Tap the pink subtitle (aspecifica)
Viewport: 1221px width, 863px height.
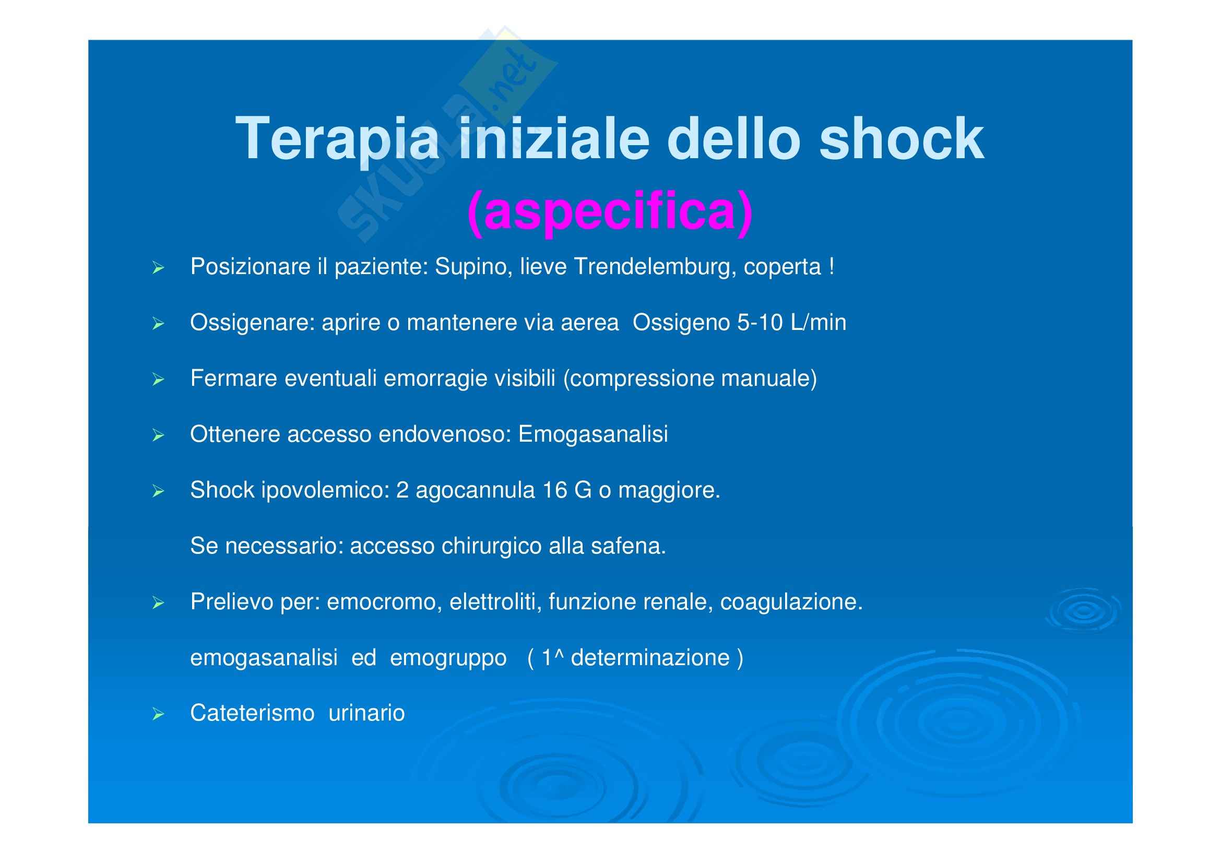point(610,212)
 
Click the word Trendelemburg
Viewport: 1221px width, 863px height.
point(655,266)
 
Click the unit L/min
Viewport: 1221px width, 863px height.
point(818,323)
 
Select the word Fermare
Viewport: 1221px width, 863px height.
point(233,379)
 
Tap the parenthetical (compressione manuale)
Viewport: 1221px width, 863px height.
point(690,379)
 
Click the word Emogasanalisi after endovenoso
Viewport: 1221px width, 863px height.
point(593,434)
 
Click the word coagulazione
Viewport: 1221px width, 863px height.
point(791,602)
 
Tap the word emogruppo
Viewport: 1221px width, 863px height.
point(448,658)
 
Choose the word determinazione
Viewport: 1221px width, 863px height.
point(650,658)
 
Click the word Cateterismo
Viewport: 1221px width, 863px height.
point(252,714)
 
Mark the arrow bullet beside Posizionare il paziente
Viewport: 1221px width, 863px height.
point(158,268)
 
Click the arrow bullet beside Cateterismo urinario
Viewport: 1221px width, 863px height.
point(158,715)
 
